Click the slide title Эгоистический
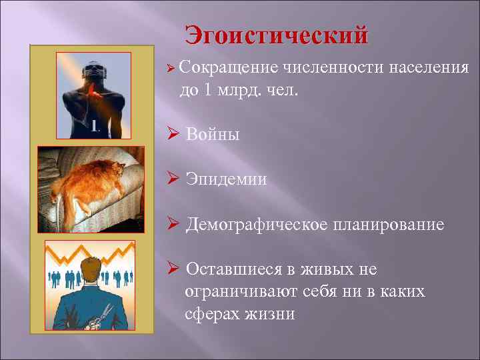tap(276, 35)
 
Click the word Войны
tap(213, 135)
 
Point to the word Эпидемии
tap(227, 179)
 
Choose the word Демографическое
tap(257, 225)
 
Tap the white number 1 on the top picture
tap(95, 125)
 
